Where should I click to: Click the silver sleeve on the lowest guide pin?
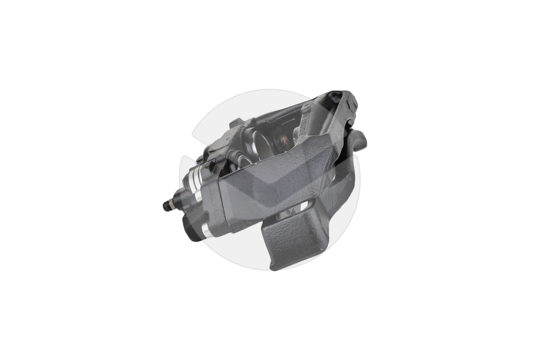(206, 231)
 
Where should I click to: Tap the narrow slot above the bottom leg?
(305, 205)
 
